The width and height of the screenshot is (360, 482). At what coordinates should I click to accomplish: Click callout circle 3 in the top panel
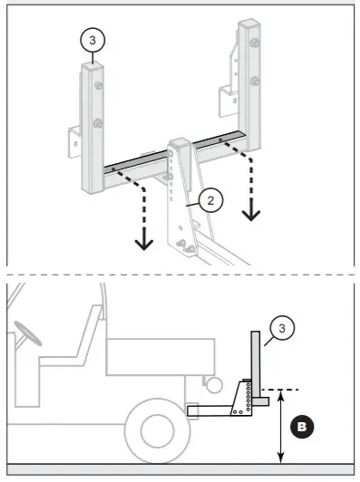pos(92,41)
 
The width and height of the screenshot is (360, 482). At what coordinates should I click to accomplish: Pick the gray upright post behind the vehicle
pos(258,362)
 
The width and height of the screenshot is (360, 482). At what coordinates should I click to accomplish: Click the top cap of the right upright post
pos(251,24)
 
